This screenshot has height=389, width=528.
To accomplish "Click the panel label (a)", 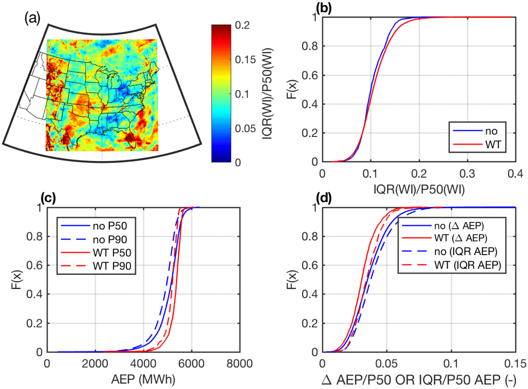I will (32, 18).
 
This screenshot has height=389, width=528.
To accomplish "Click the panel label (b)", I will (323, 8).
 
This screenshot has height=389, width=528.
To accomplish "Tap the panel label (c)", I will (48, 198).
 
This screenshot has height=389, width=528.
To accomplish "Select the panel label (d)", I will (323, 198).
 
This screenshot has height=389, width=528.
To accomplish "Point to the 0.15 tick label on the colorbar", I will (245, 60).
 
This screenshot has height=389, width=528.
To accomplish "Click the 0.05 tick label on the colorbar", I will (245, 129).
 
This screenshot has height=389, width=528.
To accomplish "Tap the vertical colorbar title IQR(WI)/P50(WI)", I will (267, 94).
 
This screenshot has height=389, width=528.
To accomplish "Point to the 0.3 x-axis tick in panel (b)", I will (467, 174).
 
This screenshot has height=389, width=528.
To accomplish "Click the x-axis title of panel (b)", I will (419, 189).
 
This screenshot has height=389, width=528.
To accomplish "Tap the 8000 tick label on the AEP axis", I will (239, 364).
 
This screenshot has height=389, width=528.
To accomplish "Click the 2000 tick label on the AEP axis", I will (95, 364).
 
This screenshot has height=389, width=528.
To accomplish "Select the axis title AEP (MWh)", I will (143, 379).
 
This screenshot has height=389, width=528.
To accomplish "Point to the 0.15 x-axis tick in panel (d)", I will (515, 364).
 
